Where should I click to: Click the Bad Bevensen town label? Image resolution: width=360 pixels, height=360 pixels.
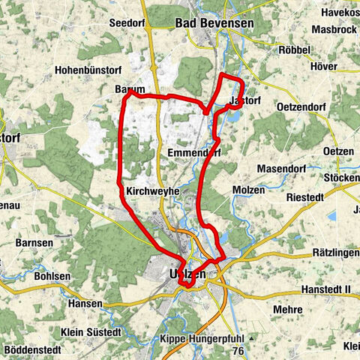click(x=214, y=24)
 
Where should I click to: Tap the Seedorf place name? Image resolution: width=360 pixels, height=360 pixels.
click(x=128, y=24)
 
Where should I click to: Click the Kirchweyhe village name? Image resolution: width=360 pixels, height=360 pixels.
click(x=153, y=191)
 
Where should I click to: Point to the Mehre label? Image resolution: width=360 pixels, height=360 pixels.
click(x=288, y=309)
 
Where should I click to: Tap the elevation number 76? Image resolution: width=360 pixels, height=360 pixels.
click(x=239, y=350)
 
